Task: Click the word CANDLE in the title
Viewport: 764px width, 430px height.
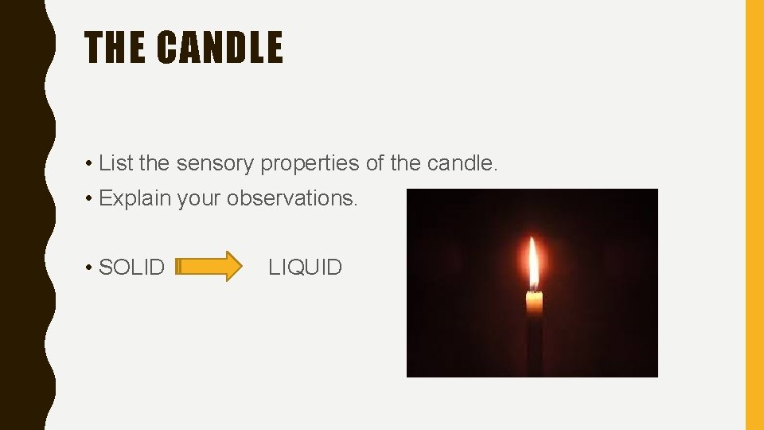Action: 220,48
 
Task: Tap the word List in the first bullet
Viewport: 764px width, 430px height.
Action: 115,163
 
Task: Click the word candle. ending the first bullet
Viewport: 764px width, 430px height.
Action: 462,163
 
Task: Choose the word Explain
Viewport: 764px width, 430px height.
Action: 135,198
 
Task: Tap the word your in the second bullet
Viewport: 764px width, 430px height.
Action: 200,198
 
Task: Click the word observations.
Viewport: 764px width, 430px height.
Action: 293,197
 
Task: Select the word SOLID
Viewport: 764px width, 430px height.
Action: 132,268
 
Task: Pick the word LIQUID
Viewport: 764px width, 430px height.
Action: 306,268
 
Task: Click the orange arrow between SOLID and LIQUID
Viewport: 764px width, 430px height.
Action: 210,267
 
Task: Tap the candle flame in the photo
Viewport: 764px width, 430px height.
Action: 534,264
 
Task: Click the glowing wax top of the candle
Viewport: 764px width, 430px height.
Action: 534,303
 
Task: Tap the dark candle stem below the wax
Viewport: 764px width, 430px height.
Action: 534,346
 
